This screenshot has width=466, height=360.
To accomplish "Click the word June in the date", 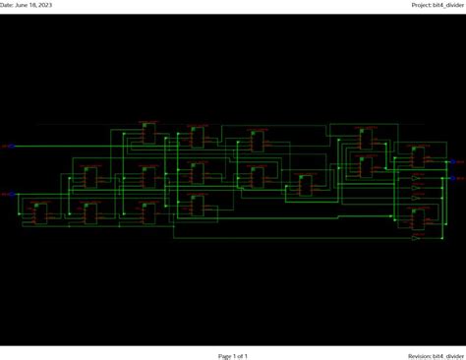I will point(23,5).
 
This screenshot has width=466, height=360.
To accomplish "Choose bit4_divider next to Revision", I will point(448,356).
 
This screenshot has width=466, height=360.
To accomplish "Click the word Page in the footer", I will point(225,356).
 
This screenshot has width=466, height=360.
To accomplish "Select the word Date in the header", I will point(6,5).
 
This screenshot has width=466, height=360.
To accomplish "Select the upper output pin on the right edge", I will point(457,161).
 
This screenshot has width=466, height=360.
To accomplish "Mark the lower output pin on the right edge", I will point(457,178).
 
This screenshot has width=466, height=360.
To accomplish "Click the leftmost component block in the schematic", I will point(40,212).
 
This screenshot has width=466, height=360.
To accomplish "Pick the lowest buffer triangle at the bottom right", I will point(416,237).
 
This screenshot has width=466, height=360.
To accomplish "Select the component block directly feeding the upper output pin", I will point(418,156).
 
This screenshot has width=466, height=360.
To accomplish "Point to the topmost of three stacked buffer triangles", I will point(416,176).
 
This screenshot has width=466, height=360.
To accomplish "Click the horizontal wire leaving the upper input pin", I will point(59,147).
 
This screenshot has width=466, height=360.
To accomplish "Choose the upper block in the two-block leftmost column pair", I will point(90,177).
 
